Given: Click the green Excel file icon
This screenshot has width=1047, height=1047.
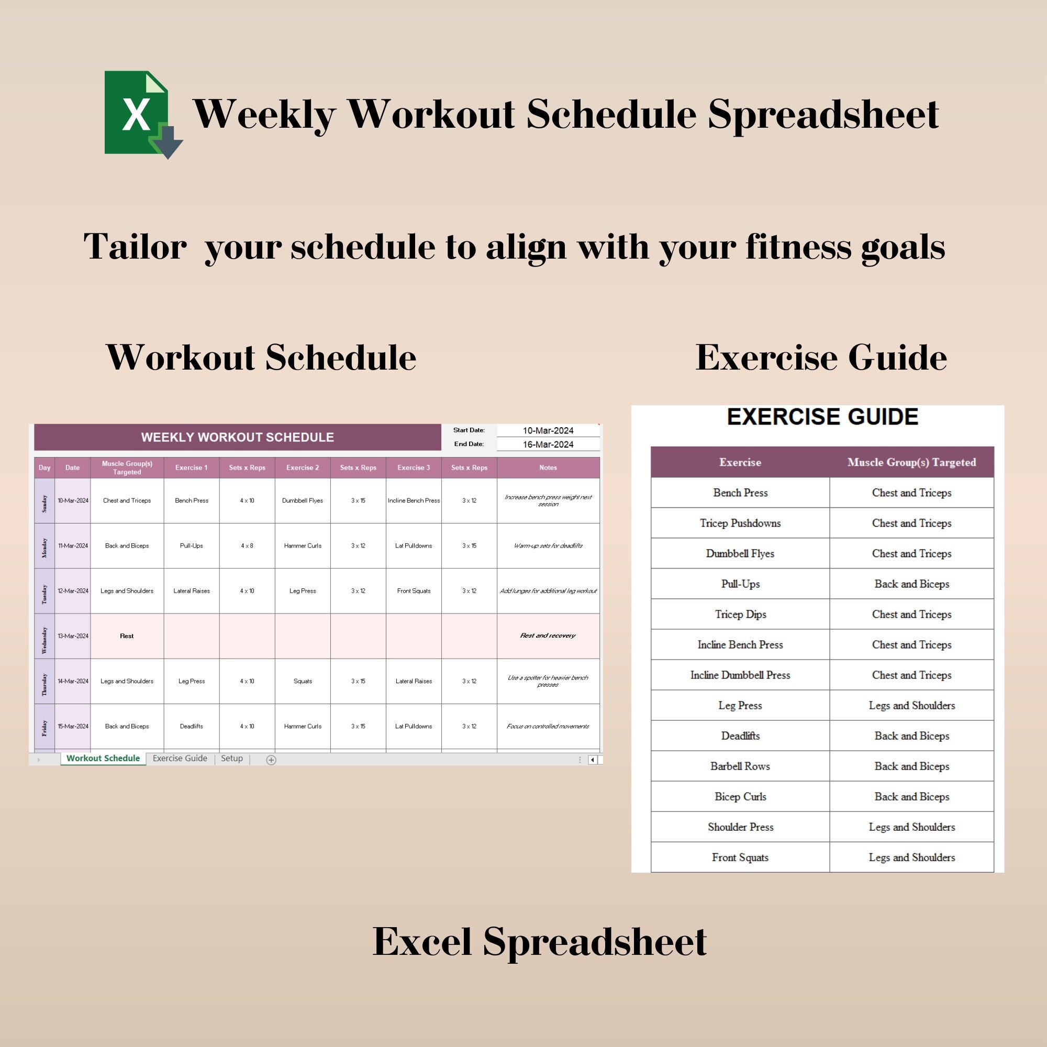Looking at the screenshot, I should click(x=140, y=113).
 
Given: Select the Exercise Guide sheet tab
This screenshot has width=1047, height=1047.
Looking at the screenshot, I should click(x=180, y=758).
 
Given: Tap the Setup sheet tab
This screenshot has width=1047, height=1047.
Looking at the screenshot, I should click(x=231, y=758).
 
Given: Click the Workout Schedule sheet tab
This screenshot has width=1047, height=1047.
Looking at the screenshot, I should click(x=103, y=758).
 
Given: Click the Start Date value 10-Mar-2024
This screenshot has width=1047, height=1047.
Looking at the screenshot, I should click(x=548, y=430).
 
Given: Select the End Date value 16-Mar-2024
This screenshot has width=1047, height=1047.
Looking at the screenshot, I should click(x=548, y=444).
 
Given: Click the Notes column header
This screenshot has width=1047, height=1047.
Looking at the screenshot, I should click(x=548, y=467).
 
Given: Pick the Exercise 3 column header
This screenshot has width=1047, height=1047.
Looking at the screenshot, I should click(x=414, y=467).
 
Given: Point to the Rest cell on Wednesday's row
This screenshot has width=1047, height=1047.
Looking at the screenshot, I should click(x=127, y=636).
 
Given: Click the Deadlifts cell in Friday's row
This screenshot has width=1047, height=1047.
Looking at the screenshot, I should click(x=191, y=726).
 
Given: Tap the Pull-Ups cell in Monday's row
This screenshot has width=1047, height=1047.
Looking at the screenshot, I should click(x=191, y=545).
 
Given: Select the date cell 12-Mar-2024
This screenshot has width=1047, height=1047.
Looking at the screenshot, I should click(x=73, y=591).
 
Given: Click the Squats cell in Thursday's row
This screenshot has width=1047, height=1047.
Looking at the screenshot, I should click(x=303, y=681).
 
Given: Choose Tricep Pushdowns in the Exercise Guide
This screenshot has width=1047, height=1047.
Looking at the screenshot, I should click(x=740, y=523).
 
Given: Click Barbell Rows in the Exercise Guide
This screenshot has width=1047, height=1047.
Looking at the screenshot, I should click(x=740, y=766).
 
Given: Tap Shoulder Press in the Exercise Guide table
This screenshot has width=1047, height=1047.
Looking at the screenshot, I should click(x=740, y=827).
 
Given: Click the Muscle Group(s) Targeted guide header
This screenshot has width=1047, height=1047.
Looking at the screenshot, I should click(x=911, y=462).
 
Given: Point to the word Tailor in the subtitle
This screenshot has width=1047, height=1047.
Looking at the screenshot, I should click(x=136, y=247).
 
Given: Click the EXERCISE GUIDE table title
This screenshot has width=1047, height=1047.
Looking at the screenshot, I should click(x=822, y=417).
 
